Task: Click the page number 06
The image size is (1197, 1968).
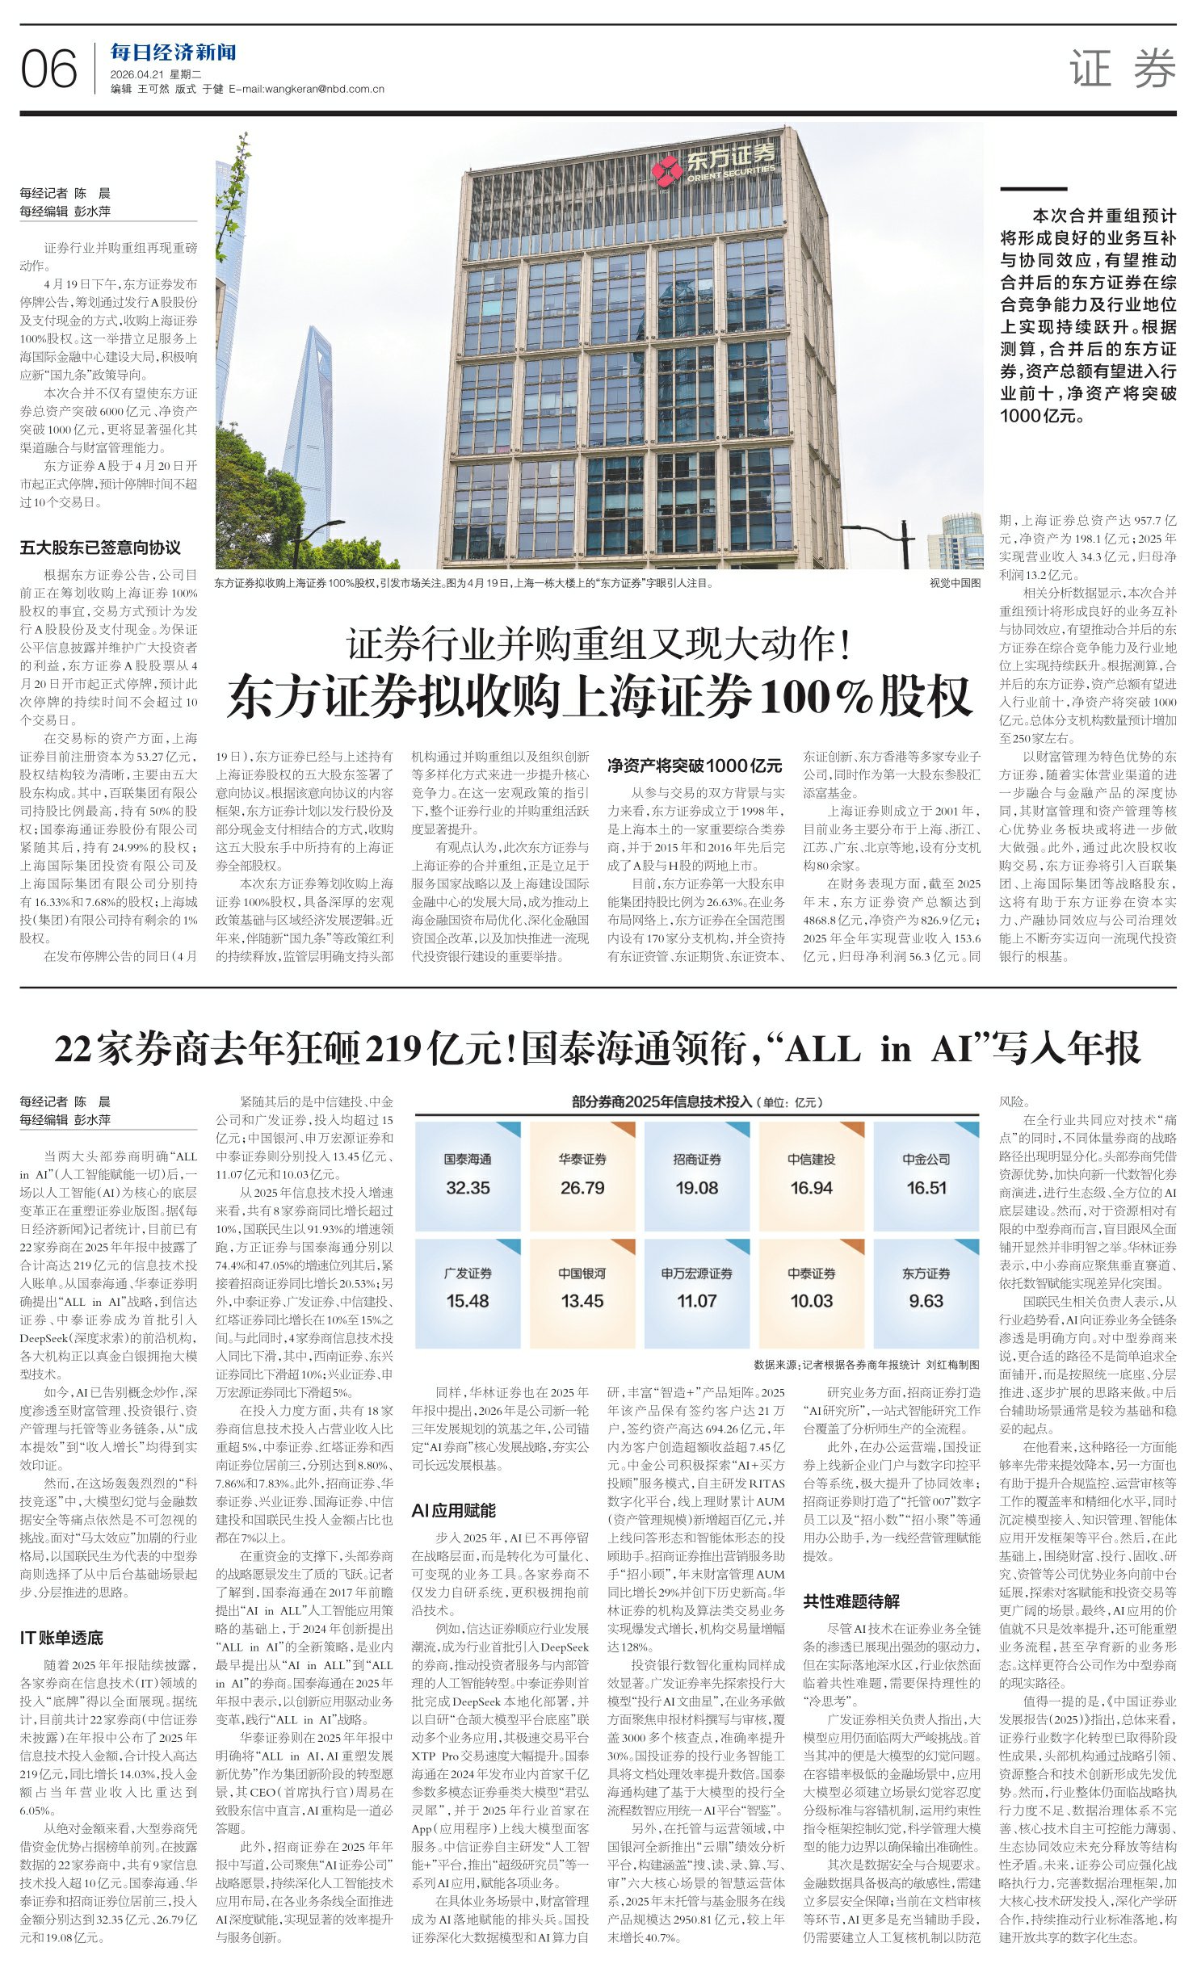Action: [48, 69]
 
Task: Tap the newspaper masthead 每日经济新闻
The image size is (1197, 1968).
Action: [173, 53]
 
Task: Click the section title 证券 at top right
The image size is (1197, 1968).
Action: [1122, 69]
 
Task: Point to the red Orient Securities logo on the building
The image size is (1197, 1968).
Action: [668, 171]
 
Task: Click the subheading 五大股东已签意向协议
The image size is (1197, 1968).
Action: [100, 548]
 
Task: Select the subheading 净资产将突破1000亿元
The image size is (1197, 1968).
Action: [695, 765]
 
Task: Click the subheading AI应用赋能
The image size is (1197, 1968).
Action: [453, 1510]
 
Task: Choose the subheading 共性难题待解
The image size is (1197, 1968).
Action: [851, 1601]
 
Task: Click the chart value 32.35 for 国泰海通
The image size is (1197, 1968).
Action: [468, 1188]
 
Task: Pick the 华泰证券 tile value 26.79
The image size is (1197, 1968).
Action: [582, 1188]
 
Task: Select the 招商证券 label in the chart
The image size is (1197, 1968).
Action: [697, 1160]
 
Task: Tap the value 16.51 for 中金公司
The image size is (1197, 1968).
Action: [926, 1188]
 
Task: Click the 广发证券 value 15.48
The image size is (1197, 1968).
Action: [468, 1301]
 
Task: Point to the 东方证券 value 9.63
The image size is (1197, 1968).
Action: [926, 1301]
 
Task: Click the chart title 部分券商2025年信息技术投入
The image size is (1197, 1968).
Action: [661, 1101]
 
